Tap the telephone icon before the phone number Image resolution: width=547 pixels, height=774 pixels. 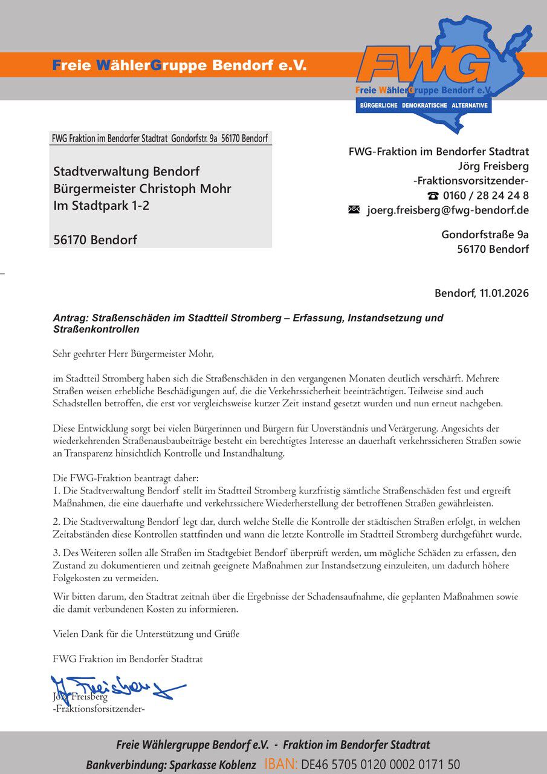click(x=433, y=196)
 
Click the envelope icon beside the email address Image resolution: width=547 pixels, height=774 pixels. click(x=354, y=210)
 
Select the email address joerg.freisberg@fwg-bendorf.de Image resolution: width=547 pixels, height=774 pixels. click(x=448, y=210)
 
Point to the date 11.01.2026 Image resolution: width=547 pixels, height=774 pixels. click(x=504, y=294)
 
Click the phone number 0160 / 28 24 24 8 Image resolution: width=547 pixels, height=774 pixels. click(x=486, y=195)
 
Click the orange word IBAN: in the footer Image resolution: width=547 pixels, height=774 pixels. click(x=281, y=764)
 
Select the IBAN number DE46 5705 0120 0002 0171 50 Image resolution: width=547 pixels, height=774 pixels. click(x=381, y=764)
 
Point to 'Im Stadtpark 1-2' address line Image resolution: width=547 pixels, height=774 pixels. click(x=101, y=206)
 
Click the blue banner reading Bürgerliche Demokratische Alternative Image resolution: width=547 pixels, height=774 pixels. click(x=423, y=105)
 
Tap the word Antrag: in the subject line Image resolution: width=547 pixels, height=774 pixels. click(x=71, y=318)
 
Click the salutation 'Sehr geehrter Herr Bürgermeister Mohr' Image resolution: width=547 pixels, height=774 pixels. click(x=134, y=354)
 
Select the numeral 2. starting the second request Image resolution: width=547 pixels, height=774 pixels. click(x=57, y=522)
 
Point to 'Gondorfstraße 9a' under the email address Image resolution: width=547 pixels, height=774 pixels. click(x=485, y=234)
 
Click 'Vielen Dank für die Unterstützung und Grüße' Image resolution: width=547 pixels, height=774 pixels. click(x=146, y=634)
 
